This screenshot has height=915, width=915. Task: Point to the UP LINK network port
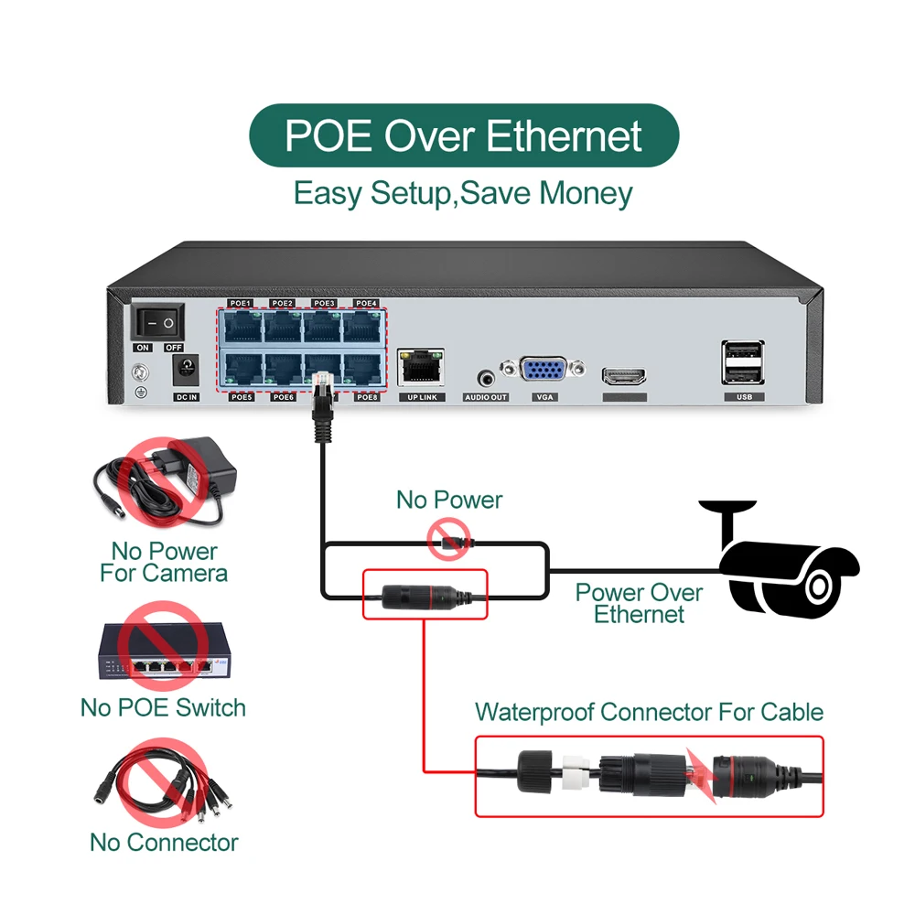(x=421, y=365)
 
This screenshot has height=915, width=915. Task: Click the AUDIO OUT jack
(x=486, y=376)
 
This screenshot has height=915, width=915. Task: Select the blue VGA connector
(x=544, y=370)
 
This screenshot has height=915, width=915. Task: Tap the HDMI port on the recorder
(x=624, y=375)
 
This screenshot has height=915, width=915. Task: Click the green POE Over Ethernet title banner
(x=464, y=135)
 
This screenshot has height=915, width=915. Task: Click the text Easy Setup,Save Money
(x=463, y=194)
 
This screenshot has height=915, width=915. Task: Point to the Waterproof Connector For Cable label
(x=649, y=712)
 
